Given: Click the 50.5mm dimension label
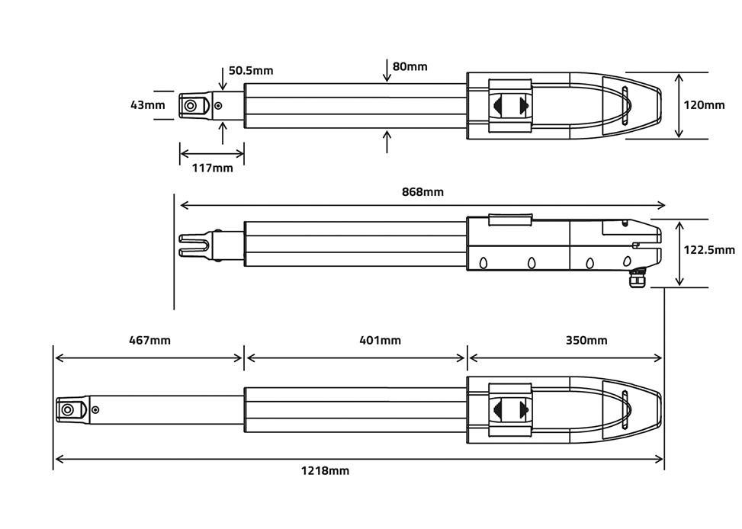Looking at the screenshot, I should click(x=250, y=71).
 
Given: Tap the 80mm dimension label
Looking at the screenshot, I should click(x=410, y=66).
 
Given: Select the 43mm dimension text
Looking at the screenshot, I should click(x=147, y=105).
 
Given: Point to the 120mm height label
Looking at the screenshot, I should click(x=704, y=105).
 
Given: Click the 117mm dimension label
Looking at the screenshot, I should click(x=212, y=168).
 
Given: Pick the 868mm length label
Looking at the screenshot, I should click(x=422, y=191).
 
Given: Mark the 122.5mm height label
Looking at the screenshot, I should click(x=708, y=249).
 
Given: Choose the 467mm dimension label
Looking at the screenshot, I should click(x=149, y=340).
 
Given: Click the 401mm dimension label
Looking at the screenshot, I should click(x=380, y=340).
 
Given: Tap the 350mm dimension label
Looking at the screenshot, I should click(x=586, y=340).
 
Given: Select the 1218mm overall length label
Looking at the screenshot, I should click(x=325, y=471).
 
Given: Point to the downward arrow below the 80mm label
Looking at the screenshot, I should click(x=387, y=73).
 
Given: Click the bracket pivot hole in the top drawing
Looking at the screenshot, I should click(x=191, y=105).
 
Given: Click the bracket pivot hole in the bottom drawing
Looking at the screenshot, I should click(x=68, y=409).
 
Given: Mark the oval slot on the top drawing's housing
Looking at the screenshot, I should click(x=625, y=105).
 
